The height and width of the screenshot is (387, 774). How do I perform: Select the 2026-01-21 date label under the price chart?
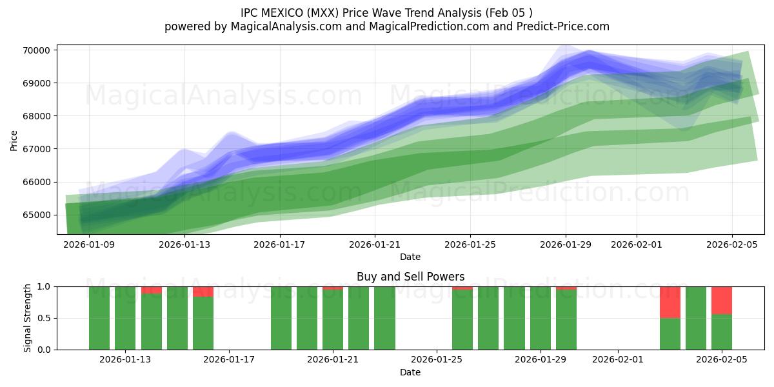(375, 244)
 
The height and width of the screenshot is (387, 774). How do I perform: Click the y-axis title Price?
(14, 139)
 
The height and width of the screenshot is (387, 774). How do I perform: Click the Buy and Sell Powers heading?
(410, 277)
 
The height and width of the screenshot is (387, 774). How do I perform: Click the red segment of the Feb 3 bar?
(670, 302)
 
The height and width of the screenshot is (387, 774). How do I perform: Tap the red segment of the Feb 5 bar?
(721, 300)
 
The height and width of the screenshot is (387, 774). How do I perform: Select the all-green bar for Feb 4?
(695, 318)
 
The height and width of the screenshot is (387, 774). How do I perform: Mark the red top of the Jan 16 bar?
(203, 292)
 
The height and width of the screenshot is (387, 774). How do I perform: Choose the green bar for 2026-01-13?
(125, 318)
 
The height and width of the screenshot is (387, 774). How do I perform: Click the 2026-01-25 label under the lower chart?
(437, 360)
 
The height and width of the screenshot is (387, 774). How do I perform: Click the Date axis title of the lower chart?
(410, 372)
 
